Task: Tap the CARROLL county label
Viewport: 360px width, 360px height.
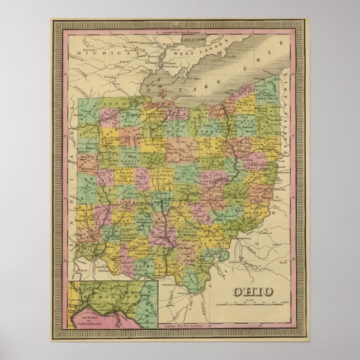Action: pyautogui.click(x=261, y=167)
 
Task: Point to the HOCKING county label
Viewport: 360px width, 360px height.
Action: pyautogui.click(x=187, y=230)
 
